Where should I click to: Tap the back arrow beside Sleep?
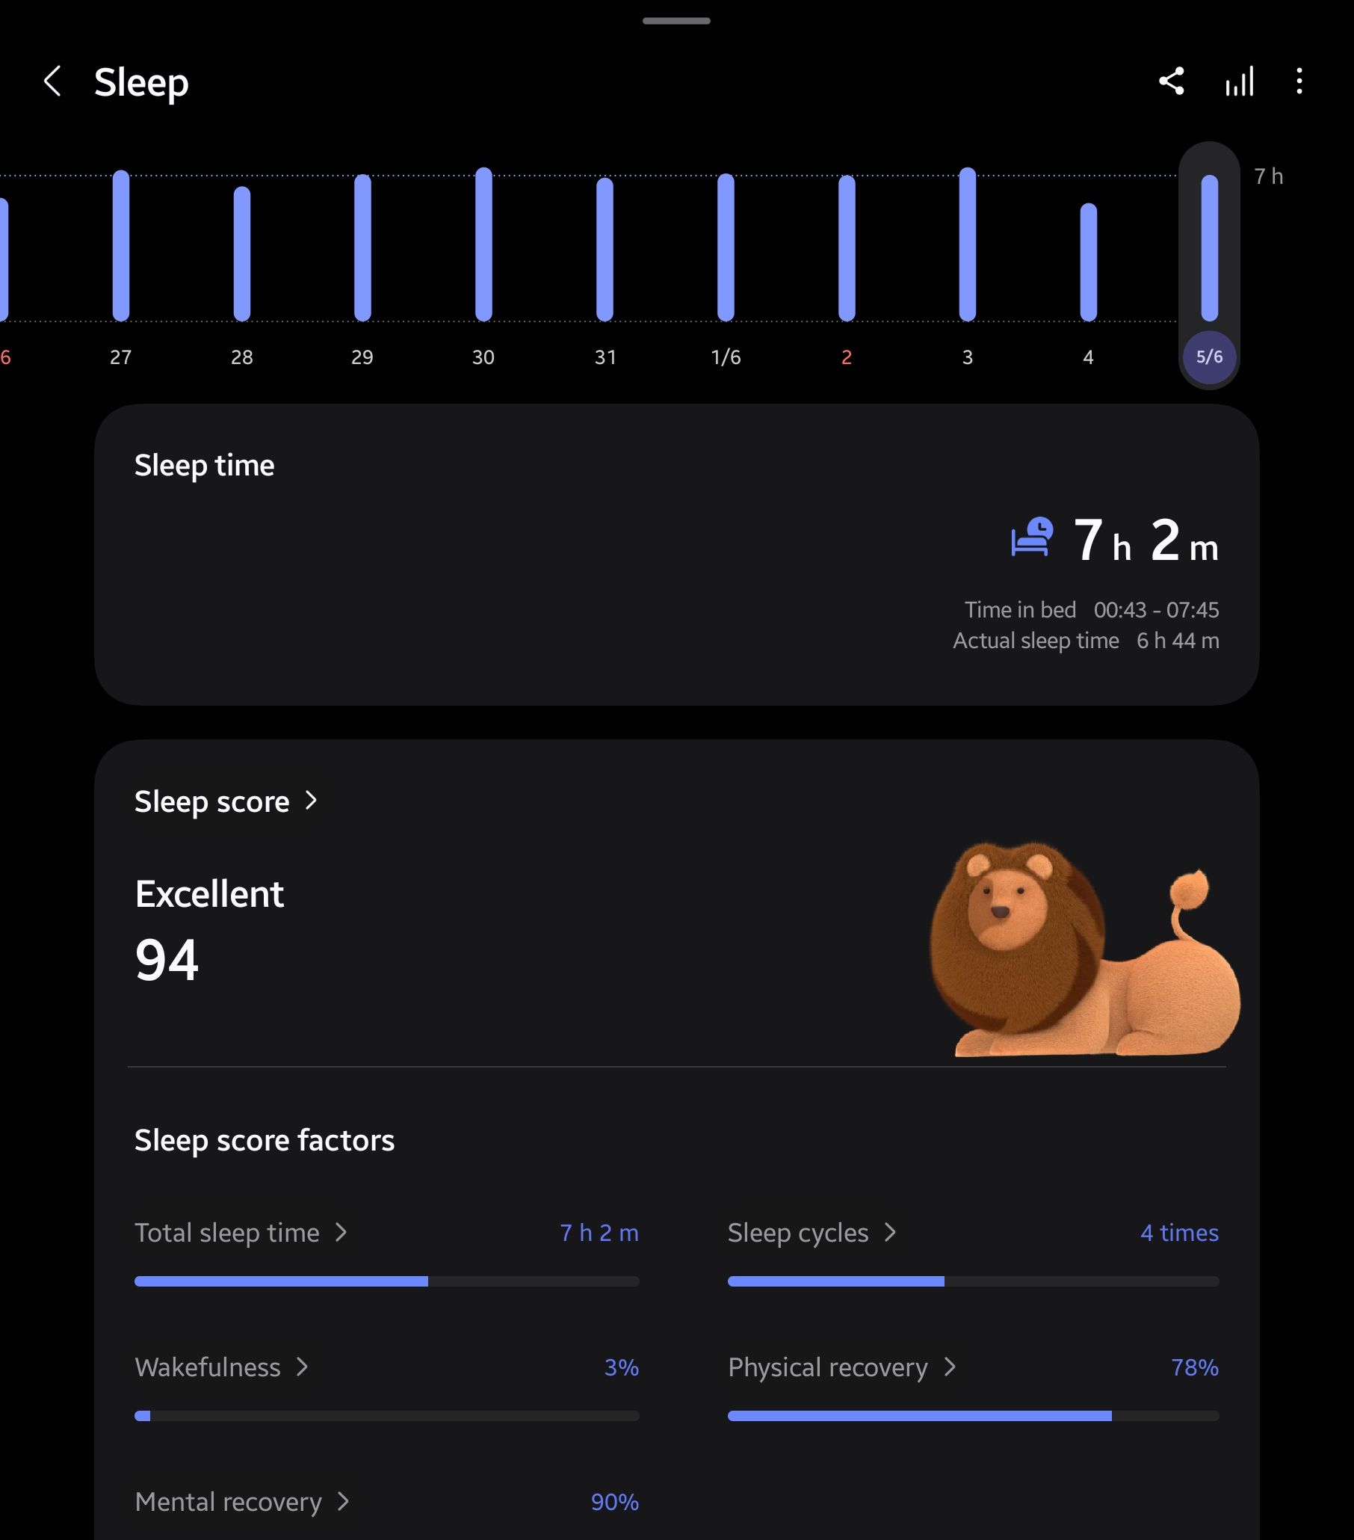pos(52,81)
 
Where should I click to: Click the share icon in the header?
pos(1171,81)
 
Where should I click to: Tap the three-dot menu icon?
pos(1299,81)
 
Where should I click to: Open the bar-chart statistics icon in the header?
pos(1239,81)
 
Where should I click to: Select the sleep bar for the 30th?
pos(483,245)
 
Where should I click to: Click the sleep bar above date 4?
pos(1088,262)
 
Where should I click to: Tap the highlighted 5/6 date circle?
pos(1208,357)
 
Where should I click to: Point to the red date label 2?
pos(847,357)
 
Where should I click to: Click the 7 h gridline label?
pos(1268,176)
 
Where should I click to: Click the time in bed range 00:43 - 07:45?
pos(1156,609)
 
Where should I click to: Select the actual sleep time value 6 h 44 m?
pos(1178,641)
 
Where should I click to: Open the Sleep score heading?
pos(211,801)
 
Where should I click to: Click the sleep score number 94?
pos(167,960)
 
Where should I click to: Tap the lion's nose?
pos(1000,912)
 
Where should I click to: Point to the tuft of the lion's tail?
pos(1189,888)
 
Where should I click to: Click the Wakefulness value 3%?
pos(621,1367)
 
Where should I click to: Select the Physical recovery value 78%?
pos(1194,1367)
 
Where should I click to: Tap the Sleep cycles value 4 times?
pos(1179,1233)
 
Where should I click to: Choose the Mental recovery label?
pos(228,1502)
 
